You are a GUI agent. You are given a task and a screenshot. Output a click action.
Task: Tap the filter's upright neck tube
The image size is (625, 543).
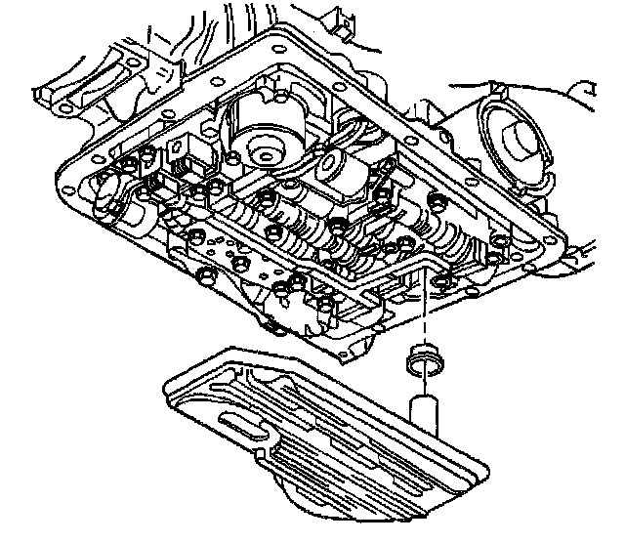(x=424, y=410)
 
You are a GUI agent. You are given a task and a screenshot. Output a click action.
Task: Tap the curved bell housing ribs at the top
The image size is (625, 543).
(x=244, y=24)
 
